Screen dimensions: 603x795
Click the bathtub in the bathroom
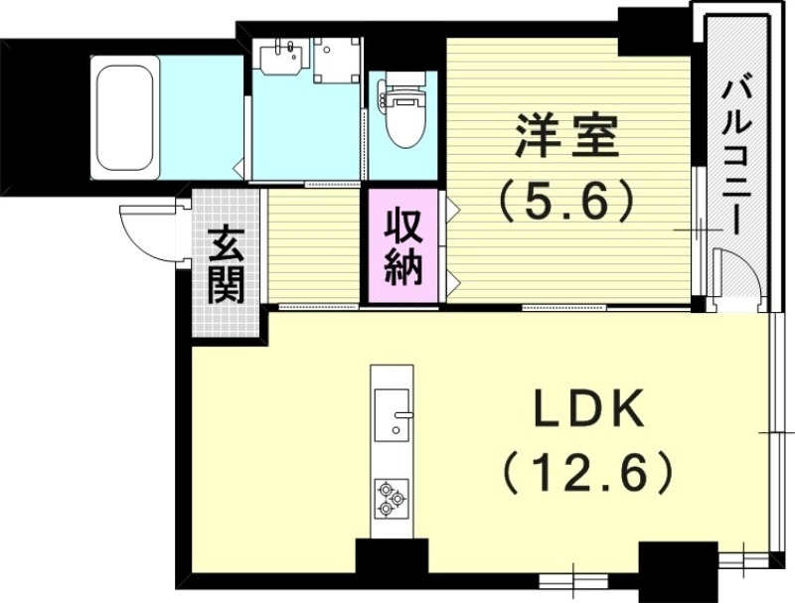(125, 117)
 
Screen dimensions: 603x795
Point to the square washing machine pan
(337, 60)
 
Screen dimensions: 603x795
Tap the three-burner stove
(391, 497)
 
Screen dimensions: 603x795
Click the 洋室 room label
(566, 137)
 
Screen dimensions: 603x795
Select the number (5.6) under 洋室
(566, 203)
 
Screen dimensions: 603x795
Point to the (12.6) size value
(586, 474)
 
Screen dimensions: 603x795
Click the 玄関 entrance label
(226, 265)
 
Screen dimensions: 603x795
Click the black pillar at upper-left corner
(40, 109)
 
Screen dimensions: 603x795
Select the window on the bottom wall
(575, 576)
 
